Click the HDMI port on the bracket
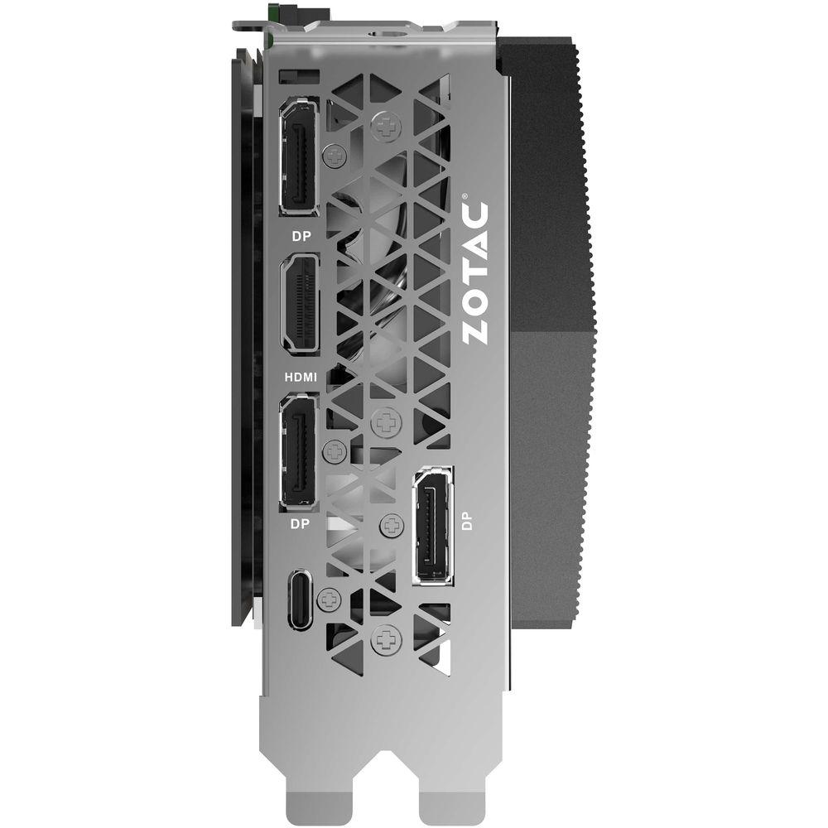click(300, 303)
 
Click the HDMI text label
click(300, 377)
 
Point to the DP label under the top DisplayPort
click(299, 234)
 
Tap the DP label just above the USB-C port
click(299, 523)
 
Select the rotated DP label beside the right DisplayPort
click(468, 521)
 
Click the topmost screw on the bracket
click(383, 126)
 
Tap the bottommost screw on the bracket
click(384, 638)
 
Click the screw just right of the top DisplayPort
click(335, 154)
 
